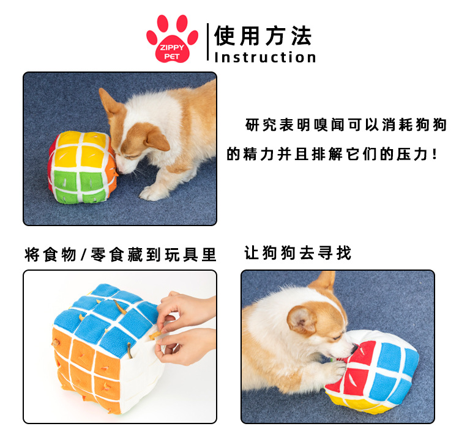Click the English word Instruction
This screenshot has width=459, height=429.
(x=265, y=58)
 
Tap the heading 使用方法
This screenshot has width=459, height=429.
(x=263, y=36)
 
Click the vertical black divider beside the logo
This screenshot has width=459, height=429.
(x=208, y=43)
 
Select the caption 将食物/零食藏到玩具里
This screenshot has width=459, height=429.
(x=121, y=254)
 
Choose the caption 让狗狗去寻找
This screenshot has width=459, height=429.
(x=298, y=253)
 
